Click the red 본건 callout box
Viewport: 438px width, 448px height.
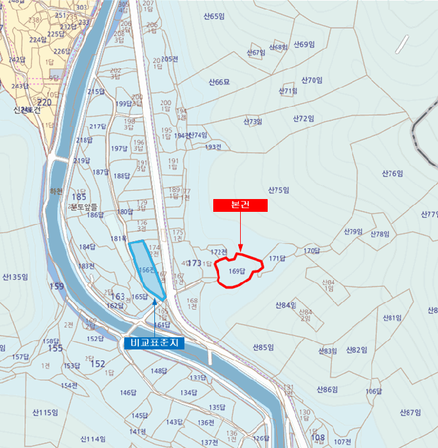[x=239, y=205]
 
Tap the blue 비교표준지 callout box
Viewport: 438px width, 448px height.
[x=154, y=343]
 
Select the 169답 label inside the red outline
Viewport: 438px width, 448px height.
[x=237, y=271]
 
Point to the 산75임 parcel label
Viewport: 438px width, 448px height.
[x=279, y=190]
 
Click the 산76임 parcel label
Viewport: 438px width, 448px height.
[x=393, y=173]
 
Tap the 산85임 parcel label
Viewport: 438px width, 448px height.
[x=263, y=348]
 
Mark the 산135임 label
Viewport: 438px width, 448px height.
[x=15, y=277]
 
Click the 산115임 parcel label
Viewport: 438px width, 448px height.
[x=45, y=413]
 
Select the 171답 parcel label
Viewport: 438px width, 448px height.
[x=277, y=259]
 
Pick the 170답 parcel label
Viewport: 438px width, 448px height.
[x=311, y=250]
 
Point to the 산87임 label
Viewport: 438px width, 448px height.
[x=410, y=412]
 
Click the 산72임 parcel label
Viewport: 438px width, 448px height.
[x=304, y=118]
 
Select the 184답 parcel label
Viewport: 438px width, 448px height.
[x=86, y=247]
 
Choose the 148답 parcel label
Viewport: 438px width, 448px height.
[x=158, y=371]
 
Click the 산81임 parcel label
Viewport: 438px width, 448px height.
[x=392, y=317]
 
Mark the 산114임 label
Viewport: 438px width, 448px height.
[x=93, y=439]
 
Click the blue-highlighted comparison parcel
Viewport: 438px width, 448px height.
[x=146, y=269]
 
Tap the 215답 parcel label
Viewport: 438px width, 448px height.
[x=96, y=92]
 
